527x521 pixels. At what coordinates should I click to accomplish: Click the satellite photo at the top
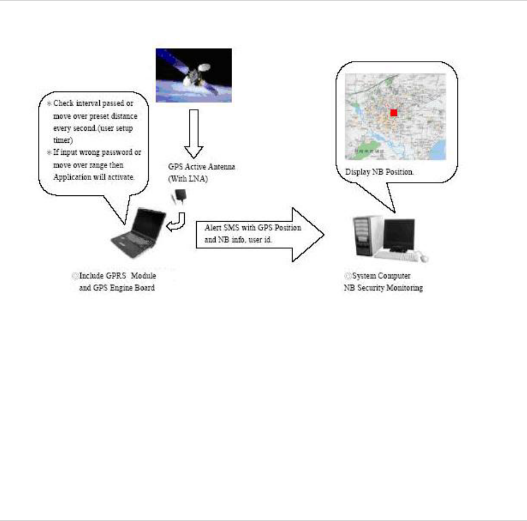tap(193, 75)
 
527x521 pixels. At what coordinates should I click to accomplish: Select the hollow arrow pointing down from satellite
tap(194, 132)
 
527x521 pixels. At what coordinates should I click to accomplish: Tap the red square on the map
tap(394, 113)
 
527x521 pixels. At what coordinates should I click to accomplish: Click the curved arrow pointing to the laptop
tap(177, 222)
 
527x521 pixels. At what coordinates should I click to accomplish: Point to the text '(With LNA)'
tap(186, 178)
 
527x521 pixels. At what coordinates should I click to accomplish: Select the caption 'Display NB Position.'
tap(379, 171)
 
